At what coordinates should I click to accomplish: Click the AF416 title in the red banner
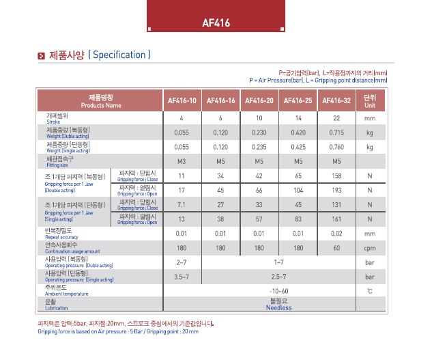pos(216,23)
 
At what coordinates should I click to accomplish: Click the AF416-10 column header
pos(182,101)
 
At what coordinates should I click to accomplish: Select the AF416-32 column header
pos(336,101)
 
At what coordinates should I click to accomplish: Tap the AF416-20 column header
pos(259,101)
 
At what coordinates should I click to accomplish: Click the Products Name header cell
pos(101,101)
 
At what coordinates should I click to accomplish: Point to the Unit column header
pos(370,101)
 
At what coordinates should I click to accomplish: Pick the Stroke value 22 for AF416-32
pos(336,117)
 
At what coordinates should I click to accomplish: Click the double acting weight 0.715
pos(336,132)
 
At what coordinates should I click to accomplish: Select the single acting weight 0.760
pos(336,147)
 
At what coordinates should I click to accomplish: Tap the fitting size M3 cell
pos(182,161)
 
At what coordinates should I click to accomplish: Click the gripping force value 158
pos(336,176)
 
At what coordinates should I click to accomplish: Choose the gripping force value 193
pos(336,190)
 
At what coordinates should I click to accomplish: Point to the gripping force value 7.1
pos(182,204)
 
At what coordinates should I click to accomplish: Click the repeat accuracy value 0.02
pos(336,234)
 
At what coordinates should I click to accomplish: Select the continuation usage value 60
pos(336,248)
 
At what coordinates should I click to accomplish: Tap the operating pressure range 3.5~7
pos(182,277)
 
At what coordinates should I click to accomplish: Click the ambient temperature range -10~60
pos(278,291)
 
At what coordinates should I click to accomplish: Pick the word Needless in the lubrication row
pos(278,307)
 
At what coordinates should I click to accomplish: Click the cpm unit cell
pos(370,248)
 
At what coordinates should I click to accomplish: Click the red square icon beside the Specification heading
pos(41,55)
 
